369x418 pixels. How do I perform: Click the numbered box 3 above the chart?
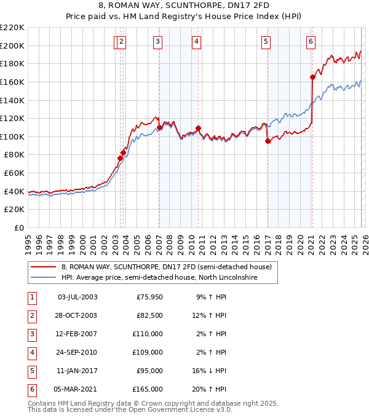pyautogui.click(x=158, y=42)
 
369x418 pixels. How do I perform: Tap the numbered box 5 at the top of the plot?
pyautogui.click(x=266, y=42)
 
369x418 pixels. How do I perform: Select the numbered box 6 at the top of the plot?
pyautogui.click(x=311, y=42)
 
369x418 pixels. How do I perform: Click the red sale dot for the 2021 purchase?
pyautogui.click(x=312, y=77)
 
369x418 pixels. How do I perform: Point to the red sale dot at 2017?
pyautogui.click(x=268, y=141)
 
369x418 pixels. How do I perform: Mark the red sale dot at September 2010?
pyautogui.click(x=199, y=128)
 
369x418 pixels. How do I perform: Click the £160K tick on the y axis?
pyautogui.click(x=12, y=82)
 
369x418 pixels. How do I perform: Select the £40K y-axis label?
pyautogui.click(x=14, y=191)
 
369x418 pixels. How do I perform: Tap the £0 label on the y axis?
pyautogui.click(x=18, y=228)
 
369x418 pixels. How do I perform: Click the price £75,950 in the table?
pyautogui.click(x=148, y=297)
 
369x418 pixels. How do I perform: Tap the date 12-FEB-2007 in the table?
pyautogui.click(x=77, y=334)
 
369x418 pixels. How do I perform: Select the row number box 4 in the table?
pyautogui.click(x=32, y=352)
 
